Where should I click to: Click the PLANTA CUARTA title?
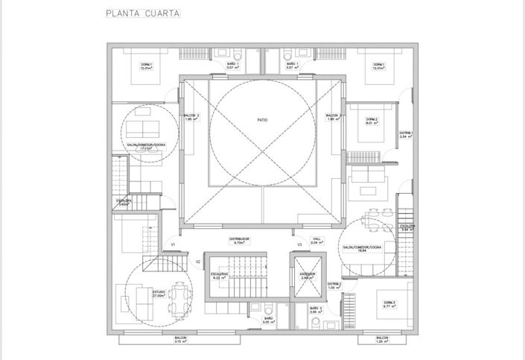(141, 13)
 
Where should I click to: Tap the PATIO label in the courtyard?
(262, 119)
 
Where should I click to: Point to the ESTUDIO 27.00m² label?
(159, 293)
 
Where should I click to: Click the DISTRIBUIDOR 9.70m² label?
(240, 241)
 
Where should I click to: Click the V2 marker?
(198, 262)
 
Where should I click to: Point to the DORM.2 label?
(372, 121)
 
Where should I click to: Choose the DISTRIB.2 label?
(334, 285)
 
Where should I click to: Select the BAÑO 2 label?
(315, 309)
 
